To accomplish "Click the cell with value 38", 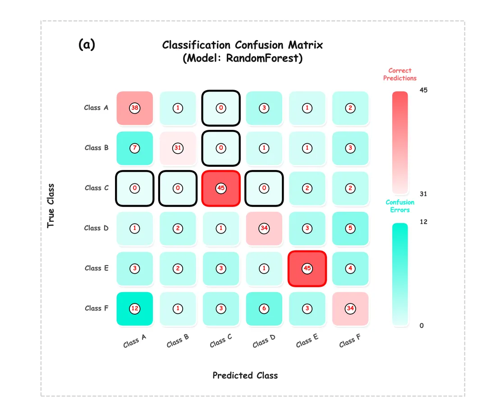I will coord(134,108).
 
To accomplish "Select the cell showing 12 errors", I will coord(134,308).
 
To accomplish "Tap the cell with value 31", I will coord(178,148).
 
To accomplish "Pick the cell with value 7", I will coord(134,148).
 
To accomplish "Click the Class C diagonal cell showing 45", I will coord(221,188).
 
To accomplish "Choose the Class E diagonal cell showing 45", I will coord(307,268).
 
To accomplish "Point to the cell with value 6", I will coord(264,308).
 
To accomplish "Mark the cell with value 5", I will coord(350,228).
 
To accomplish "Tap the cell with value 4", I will coord(350,268).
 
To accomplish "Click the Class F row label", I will coord(96,308).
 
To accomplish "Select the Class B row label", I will coord(96,148).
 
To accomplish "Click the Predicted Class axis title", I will coord(245,376).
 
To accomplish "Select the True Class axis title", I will coord(51,206).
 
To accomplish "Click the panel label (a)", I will coord(87,44).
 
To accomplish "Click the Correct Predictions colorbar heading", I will coord(400,74).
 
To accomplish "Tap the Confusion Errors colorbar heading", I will coord(400,206).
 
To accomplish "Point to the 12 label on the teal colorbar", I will coord(423,222).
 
